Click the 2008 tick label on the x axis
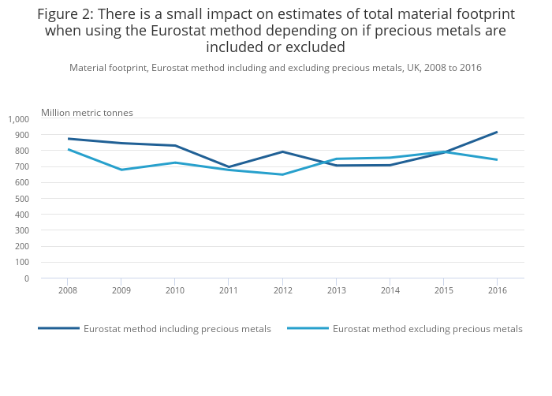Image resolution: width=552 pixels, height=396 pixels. point(67,290)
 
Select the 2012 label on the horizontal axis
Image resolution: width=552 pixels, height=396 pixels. point(282,290)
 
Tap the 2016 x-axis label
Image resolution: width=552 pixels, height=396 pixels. point(497,290)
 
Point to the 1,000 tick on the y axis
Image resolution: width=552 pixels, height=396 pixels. point(18,119)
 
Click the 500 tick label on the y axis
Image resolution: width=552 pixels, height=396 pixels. point(22,199)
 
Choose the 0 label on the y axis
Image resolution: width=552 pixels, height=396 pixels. point(26,278)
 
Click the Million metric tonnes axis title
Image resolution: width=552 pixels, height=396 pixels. point(87,113)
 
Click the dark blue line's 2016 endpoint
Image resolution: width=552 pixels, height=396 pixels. point(497,132)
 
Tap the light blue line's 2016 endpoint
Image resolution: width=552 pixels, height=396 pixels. point(497,159)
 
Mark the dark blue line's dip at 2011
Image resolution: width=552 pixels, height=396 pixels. point(229,167)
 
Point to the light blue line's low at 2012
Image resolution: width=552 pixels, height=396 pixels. point(282,174)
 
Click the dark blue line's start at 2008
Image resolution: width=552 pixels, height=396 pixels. point(68,138)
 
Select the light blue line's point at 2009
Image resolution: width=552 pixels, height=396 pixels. point(121,170)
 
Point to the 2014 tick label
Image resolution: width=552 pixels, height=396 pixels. point(390,290)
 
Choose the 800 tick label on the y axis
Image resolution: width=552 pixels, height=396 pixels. point(22,151)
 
